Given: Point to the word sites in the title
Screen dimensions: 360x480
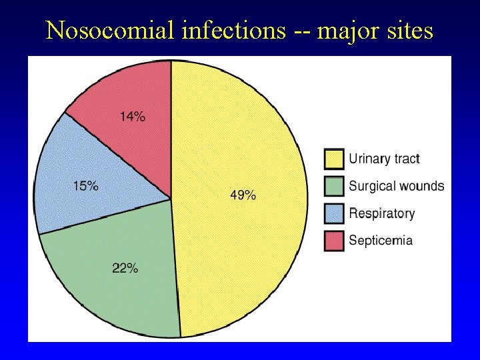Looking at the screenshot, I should pos(409,30).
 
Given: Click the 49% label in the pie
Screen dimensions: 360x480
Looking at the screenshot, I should pos(243,195).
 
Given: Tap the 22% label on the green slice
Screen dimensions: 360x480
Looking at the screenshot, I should pos(125,268).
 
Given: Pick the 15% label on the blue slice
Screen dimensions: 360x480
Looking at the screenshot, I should pos(85,186).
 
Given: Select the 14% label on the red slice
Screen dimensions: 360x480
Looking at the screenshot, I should pos(132,117).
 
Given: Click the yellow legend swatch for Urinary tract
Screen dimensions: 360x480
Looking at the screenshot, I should pos(334,159).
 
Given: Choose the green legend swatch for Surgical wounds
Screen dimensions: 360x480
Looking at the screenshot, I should pos(334,185).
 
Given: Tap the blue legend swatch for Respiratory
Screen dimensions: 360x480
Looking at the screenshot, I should pos(334,213).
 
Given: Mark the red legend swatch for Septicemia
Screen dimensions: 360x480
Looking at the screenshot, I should pos(334,240).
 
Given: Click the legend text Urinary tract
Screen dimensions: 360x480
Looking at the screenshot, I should pos(385,159).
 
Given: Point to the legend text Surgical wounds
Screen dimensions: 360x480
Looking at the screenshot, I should pos(397,186).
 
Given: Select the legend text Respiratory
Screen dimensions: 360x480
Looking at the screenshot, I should pos(382,213).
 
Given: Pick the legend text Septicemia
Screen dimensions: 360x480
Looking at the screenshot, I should pos(381,240).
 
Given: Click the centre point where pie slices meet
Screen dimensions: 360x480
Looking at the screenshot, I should pos(171,199).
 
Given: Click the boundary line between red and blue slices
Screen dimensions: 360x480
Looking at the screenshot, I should pos(118,155).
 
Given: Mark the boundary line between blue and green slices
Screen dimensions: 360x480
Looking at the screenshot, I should pos(105,216).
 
